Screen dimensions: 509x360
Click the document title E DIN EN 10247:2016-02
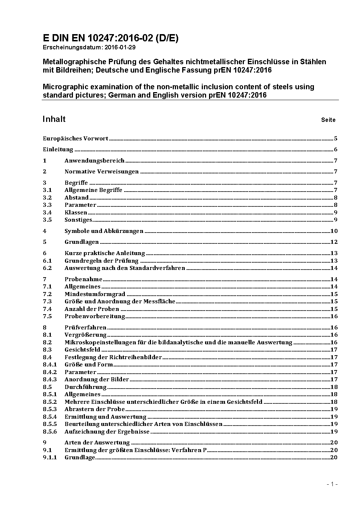[x=110, y=38]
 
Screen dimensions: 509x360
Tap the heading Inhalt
[x=54, y=119]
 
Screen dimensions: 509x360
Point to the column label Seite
[x=328, y=120]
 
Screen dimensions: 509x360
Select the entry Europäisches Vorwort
[x=75, y=138]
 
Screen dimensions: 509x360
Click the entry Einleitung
[x=58, y=149]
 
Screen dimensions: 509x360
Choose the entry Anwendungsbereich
[x=94, y=160]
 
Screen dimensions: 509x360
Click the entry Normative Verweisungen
[x=102, y=172]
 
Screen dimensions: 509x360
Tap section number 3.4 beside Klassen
[x=47, y=212]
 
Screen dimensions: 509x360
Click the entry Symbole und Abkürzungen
[x=104, y=231]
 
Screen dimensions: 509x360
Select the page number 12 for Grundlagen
[x=334, y=242]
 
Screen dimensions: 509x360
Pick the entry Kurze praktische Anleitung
[x=105, y=253]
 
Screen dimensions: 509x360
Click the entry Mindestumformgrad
[x=95, y=294]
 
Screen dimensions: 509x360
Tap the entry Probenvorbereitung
[x=95, y=316]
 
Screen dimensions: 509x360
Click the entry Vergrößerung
[x=86, y=334]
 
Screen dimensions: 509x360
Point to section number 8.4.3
[x=50, y=379]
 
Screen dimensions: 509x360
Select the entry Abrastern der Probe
[x=95, y=409]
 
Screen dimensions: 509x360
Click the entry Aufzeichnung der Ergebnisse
[x=107, y=431]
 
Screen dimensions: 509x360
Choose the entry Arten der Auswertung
[x=97, y=442]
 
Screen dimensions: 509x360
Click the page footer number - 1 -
[x=332, y=484]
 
